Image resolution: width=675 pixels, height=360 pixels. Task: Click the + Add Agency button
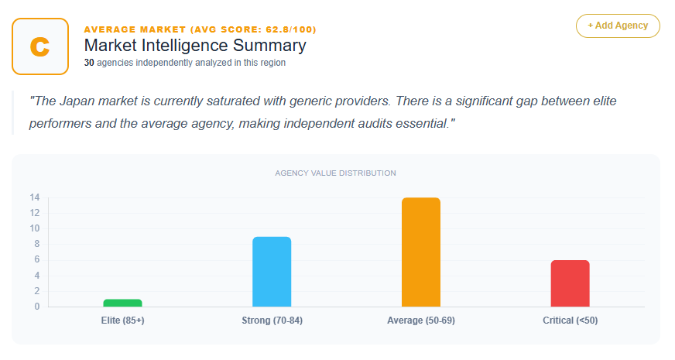[x=617, y=26]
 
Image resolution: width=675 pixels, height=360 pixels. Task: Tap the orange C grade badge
[x=40, y=46]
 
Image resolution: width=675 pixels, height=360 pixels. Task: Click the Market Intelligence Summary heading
[x=195, y=45]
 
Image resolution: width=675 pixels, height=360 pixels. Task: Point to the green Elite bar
[x=122, y=303]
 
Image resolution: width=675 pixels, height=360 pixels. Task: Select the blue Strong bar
[x=272, y=272]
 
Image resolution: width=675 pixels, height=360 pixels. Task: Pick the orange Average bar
[x=421, y=252]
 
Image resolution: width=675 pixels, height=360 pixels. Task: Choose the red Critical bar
[x=570, y=283]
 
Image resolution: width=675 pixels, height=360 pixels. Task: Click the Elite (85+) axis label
[x=122, y=321]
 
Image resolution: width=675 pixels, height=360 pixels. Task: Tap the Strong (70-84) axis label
[x=272, y=321]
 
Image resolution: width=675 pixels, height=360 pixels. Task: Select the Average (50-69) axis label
[x=421, y=321]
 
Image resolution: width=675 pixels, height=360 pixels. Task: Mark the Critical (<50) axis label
[x=570, y=321]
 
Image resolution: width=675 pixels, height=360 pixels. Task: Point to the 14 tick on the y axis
[x=35, y=197]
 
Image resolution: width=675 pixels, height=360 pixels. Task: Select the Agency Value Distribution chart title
[x=335, y=173]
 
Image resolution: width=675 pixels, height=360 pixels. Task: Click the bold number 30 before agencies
[x=89, y=63]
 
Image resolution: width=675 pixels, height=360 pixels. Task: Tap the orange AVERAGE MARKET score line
[x=200, y=29]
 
